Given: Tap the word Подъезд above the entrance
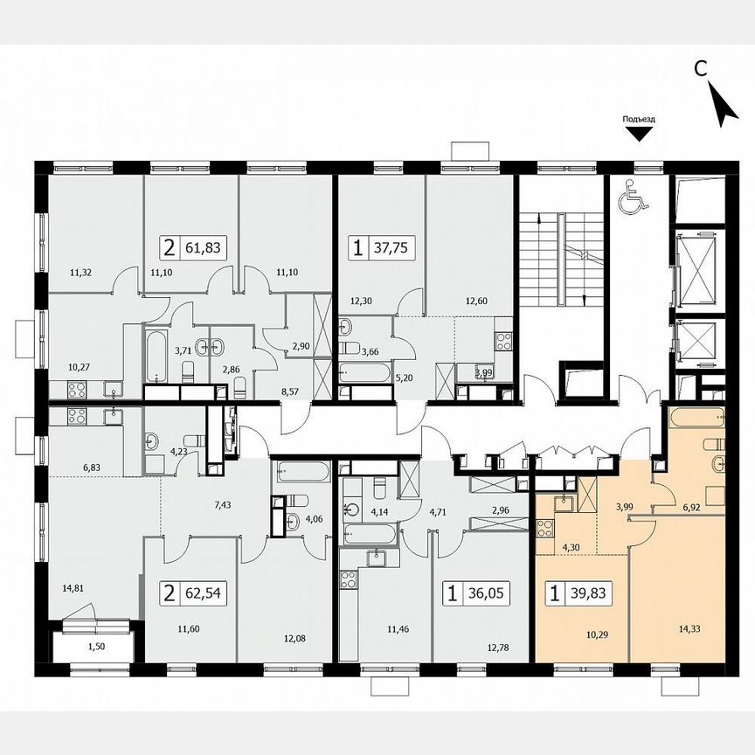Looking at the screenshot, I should pyautogui.click(x=639, y=119).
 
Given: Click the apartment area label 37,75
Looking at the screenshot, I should pyautogui.click(x=393, y=247).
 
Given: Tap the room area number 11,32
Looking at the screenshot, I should pyautogui.click(x=81, y=272).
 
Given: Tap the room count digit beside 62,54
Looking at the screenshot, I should pyautogui.click(x=168, y=595).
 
